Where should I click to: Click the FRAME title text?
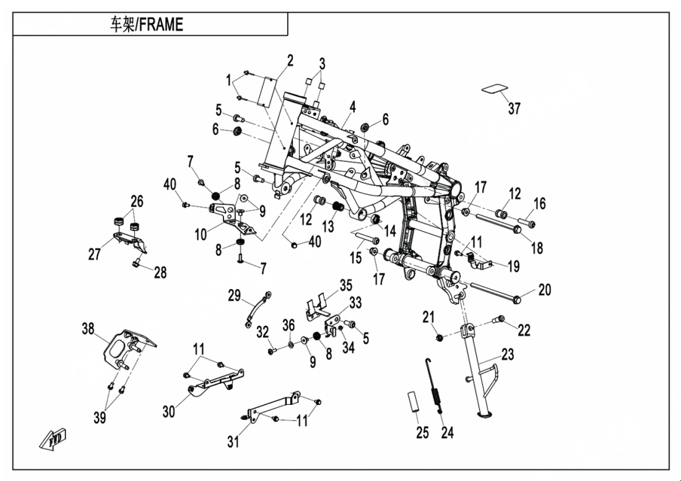point(147,25)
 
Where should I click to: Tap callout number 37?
point(514,109)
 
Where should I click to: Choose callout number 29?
point(233,296)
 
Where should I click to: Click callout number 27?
point(94,254)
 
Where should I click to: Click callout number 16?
point(539,203)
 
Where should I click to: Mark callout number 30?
point(168,410)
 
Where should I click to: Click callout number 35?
point(345,285)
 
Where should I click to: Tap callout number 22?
point(524,331)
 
